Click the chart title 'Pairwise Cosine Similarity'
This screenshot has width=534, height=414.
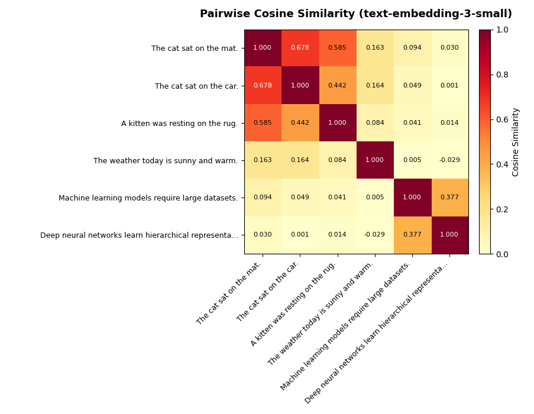tap(355, 14)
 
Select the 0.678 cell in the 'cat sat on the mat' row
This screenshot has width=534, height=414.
tap(300, 48)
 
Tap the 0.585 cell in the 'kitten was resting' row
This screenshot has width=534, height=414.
tap(263, 123)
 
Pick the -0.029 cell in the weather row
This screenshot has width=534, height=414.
tap(449, 160)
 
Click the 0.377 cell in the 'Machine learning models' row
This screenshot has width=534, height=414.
tap(449, 198)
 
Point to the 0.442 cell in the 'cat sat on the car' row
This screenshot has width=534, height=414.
tap(337, 86)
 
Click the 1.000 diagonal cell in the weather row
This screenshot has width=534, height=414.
tap(374, 160)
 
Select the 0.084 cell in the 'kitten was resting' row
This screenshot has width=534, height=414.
tap(374, 123)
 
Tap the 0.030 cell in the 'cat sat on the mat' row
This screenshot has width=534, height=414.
tap(449, 48)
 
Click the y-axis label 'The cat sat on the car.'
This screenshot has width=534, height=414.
tap(196, 86)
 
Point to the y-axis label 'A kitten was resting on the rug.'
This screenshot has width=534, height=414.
tap(179, 124)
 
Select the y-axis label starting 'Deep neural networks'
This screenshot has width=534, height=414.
tap(139, 235)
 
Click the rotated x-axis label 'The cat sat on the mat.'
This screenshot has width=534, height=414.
tap(229, 293)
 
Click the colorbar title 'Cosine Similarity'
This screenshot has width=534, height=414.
tap(516, 142)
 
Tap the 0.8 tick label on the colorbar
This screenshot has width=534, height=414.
tap(502, 75)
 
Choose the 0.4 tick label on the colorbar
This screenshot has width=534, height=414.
tap(502, 164)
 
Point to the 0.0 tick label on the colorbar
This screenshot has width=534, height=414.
tap(502, 254)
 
